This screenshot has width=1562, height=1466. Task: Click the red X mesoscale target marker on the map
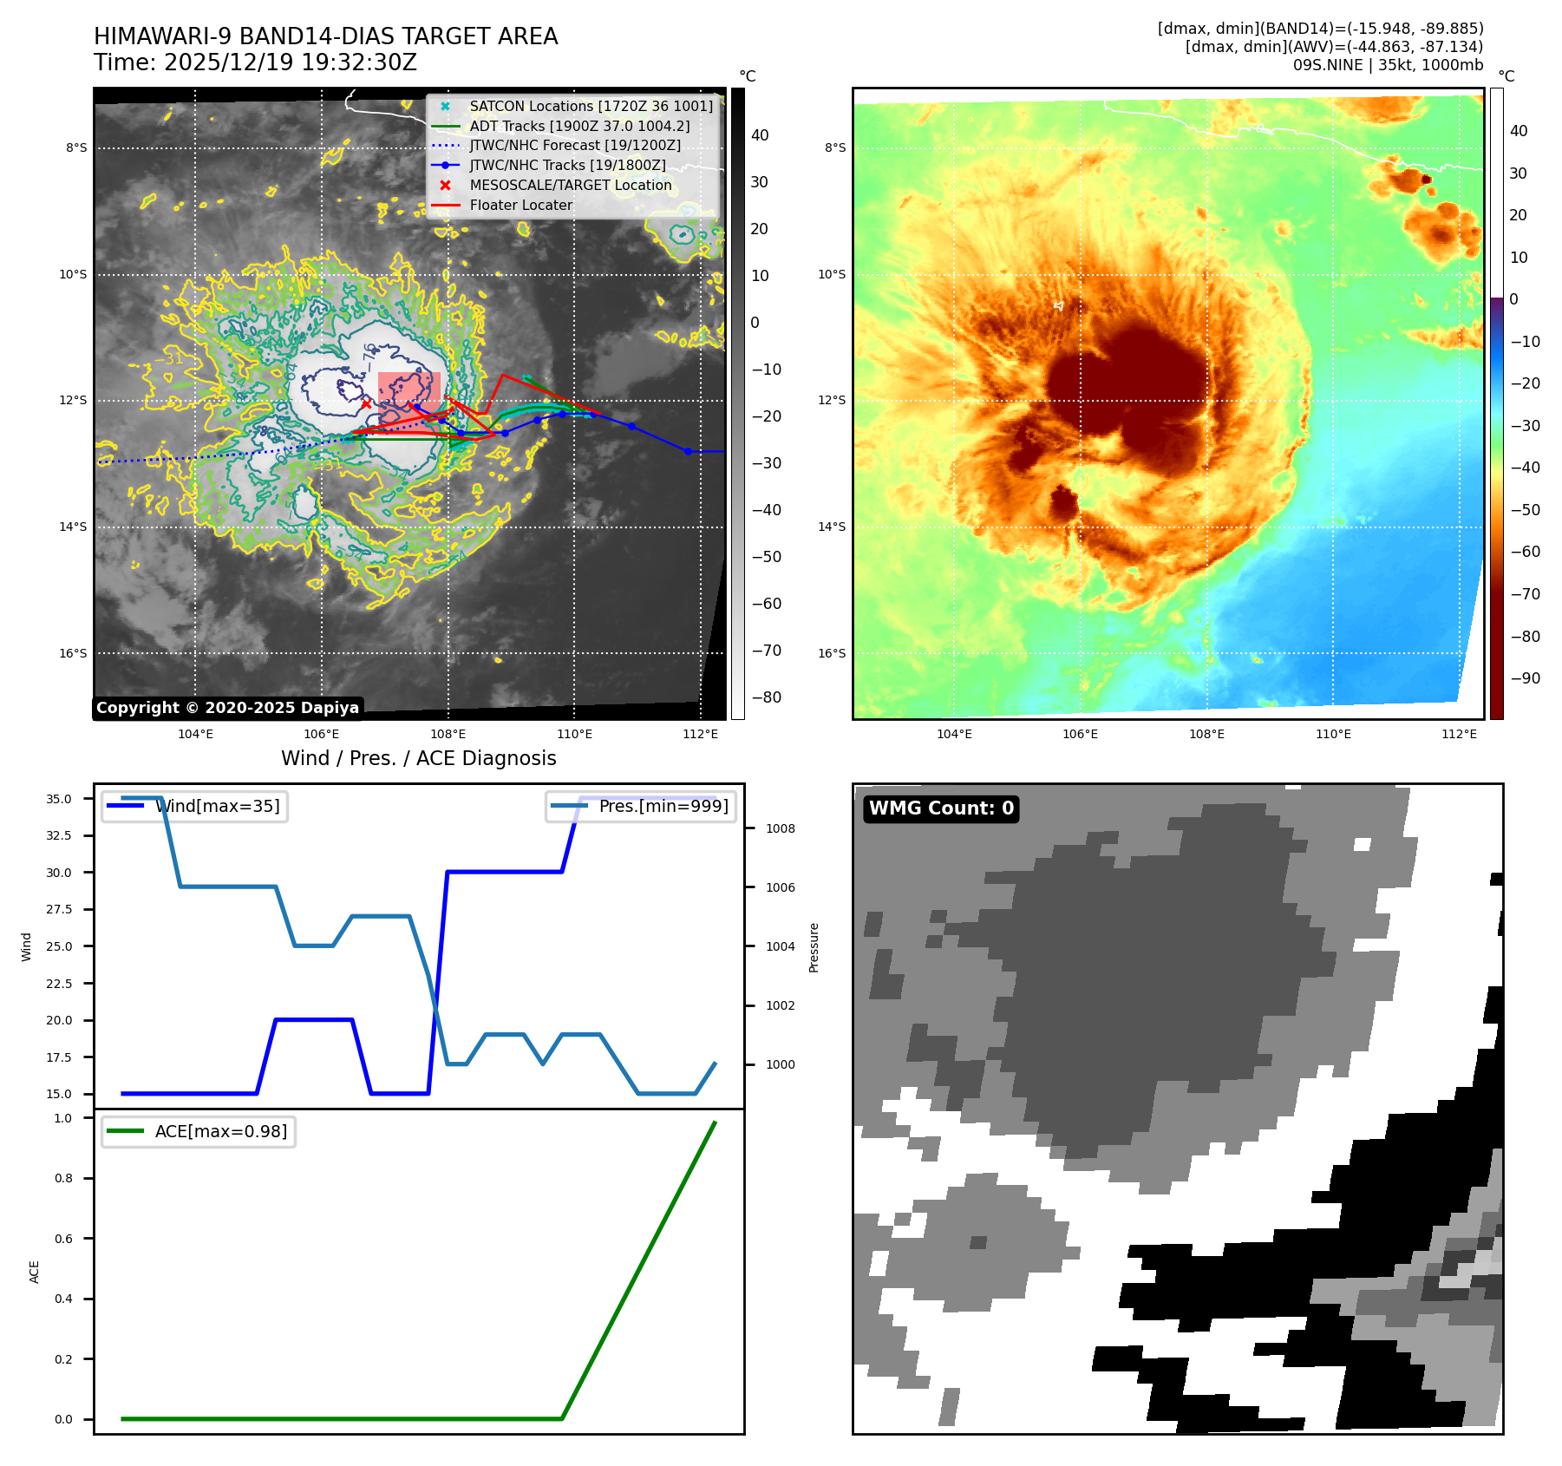coord(366,403)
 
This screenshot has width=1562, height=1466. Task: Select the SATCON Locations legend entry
coord(591,106)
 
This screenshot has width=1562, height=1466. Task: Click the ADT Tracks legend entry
coord(579,126)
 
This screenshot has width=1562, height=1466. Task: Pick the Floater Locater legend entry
coord(520,205)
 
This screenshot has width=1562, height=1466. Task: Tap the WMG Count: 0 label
coord(941,808)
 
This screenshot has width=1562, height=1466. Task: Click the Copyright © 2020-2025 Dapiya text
coord(227,708)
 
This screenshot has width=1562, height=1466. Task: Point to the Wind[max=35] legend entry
coord(217,806)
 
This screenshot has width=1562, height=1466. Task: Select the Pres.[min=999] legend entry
coord(663,806)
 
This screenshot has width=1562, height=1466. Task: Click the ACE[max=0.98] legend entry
coord(220,1131)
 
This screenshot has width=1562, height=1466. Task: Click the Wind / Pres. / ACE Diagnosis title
coord(418,758)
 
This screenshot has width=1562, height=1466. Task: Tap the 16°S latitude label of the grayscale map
coord(73,653)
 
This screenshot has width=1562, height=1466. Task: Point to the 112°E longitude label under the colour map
coord(1459,734)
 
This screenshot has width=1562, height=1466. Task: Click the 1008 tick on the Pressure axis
coord(780,828)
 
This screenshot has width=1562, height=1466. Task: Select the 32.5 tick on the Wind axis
coord(59,835)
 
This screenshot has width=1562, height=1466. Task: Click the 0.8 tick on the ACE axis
coord(63,1178)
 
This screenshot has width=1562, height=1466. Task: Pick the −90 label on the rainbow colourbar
coord(1525,678)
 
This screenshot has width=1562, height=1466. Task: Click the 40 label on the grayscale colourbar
coord(760,135)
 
